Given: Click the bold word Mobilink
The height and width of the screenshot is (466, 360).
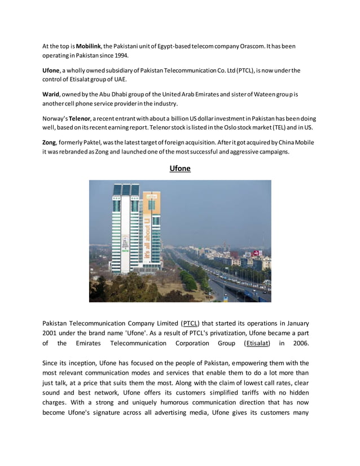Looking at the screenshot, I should point(89,46).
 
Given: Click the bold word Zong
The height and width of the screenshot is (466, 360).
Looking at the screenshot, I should point(50,143).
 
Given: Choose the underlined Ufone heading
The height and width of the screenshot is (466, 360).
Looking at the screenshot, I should point(180,168).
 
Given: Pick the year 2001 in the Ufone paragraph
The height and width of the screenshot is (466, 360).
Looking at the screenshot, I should point(52,333).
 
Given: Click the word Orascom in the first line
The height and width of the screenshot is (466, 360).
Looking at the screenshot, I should point(254,46).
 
